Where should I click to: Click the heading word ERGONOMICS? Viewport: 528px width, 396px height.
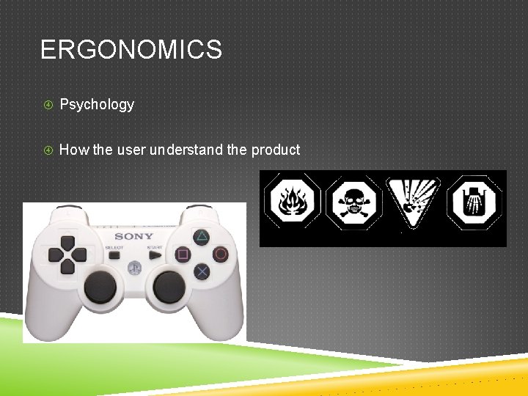click(x=131, y=51)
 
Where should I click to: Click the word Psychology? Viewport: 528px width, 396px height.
click(x=97, y=105)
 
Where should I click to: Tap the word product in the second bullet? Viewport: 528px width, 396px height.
click(x=276, y=150)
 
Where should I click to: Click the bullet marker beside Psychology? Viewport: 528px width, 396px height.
click(x=48, y=105)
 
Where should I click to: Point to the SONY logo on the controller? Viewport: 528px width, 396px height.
click(x=134, y=236)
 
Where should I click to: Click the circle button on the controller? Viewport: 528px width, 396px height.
click(x=219, y=254)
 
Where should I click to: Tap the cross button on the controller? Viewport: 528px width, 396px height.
click(x=201, y=271)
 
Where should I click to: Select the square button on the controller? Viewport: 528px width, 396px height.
click(x=183, y=254)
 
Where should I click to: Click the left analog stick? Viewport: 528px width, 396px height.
click(x=100, y=286)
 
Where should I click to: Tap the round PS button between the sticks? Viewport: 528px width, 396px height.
click(x=134, y=268)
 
